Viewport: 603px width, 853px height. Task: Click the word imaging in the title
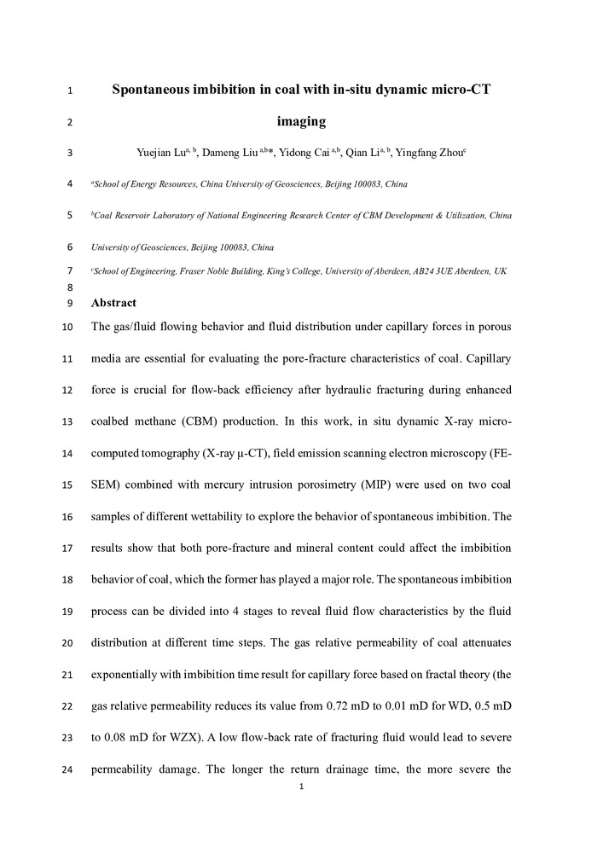point(301,121)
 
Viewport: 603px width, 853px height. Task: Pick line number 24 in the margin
point(67,773)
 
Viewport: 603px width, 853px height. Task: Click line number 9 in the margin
point(69,304)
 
